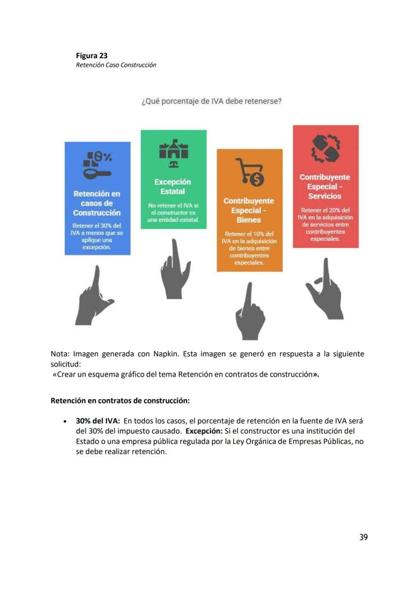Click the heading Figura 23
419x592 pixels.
point(92,56)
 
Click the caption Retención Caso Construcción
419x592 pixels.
point(116,65)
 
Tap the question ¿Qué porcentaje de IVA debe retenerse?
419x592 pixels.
point(211,101)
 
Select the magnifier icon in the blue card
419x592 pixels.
point(97,165)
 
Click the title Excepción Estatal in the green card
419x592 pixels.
point(173,187)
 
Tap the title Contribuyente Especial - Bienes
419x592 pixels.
point(249,210)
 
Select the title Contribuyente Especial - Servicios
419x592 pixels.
point(325,187)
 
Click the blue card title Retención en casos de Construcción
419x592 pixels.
point(97,203)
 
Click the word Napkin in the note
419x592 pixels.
point(164,354)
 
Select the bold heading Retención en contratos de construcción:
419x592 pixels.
point(120,401)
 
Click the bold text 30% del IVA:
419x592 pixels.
point(98,421)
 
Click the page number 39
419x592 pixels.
point(363,537)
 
